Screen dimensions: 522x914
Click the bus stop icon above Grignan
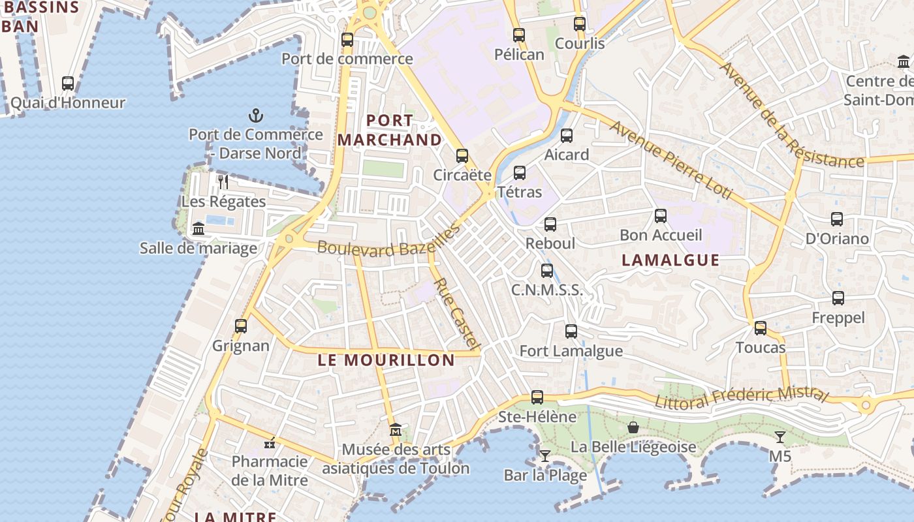tap(241, 326)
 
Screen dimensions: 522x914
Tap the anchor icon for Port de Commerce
tap(256, 116)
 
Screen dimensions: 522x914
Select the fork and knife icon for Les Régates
tap(223, 181)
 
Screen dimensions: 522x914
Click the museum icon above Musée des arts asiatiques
tap(396, 430)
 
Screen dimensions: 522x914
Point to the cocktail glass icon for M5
tap(780, 437)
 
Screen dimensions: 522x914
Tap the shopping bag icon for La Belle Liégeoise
tap(633, 427)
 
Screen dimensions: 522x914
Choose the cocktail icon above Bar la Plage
tap(545, 455)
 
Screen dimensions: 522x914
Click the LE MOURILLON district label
tap(386, 360)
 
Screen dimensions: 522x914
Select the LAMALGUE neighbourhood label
tap(670, 260)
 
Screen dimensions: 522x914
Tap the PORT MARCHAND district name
tap(390, 130)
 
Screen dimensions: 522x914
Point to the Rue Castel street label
tap(458, 314)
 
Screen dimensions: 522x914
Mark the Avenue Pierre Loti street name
tap(670, 160)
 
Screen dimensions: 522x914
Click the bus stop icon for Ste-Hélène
tap(537, 397)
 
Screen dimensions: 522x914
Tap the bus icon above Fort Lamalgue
tap(571, 331)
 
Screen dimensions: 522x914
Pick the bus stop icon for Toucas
tap(761, 328)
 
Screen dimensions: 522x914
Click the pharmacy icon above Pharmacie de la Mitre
tap(270, 443)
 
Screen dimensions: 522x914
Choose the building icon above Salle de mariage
tap(198, 228)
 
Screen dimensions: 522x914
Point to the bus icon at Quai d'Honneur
tap(68, 83)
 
